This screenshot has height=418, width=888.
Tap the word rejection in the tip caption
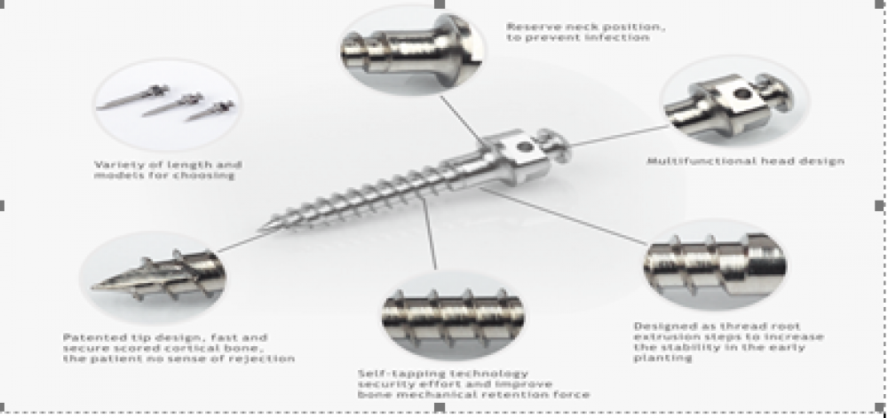coord(266,359)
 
